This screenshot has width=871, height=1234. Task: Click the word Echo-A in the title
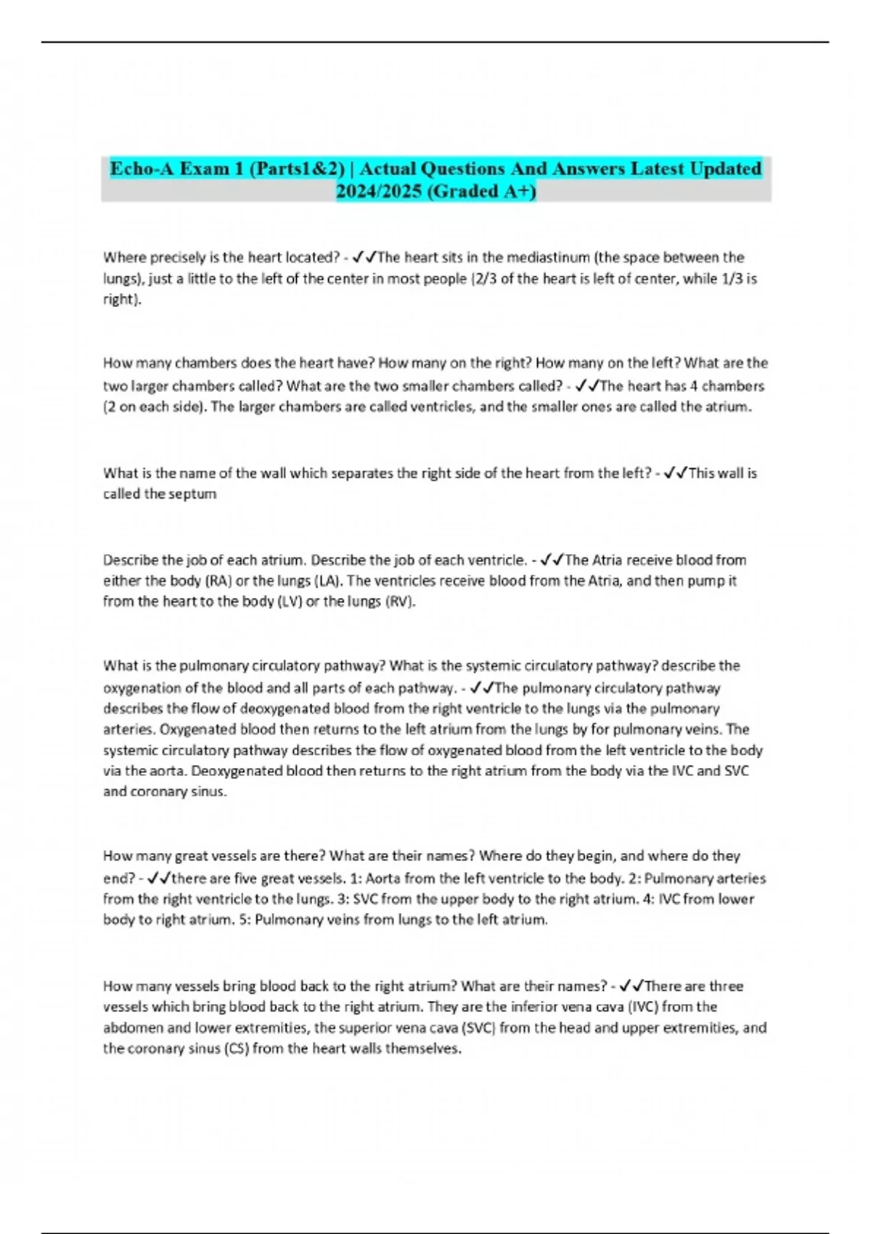coord(140,168)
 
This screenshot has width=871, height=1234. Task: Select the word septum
coord(192,494)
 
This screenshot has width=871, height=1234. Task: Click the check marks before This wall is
coord(675,473)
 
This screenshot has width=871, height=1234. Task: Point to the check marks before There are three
coord(631,986)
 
